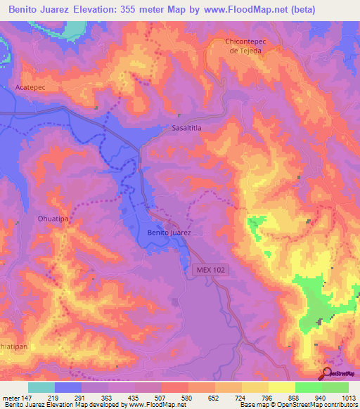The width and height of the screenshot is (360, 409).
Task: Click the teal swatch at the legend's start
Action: click(41, 387)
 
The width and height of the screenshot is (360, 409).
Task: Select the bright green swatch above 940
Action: click(309, 387)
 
